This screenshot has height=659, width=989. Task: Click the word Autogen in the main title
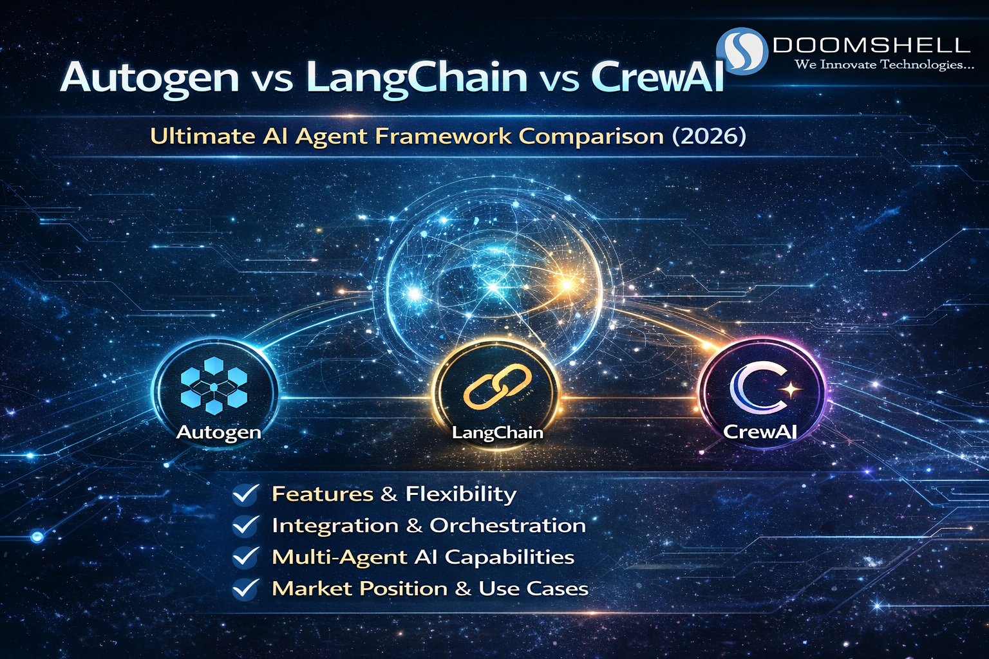point(149,78)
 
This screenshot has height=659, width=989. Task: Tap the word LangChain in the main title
point(417,78)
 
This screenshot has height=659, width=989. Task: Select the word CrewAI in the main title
point(657,78)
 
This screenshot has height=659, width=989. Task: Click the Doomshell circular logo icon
point(742,50)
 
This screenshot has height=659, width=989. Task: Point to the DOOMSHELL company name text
point(871,45)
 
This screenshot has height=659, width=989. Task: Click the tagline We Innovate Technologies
point(884,64)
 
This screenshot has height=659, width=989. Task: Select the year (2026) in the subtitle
point(709,136)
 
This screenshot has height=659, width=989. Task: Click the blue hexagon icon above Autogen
point(214,385)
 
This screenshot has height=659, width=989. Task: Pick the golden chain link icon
point(497,387)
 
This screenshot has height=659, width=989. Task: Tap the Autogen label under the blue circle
point(219,432)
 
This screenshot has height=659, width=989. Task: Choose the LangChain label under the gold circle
point(497,432)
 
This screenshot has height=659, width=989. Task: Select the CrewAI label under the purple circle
point(760,431)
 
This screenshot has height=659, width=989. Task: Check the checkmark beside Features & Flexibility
point(245,494)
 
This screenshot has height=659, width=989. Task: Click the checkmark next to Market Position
point(245,589)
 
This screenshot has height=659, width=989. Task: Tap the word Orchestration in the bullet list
point(507,526)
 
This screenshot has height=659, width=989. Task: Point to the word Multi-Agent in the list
point(339,557)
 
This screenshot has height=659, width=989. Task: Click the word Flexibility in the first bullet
point(460,494)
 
